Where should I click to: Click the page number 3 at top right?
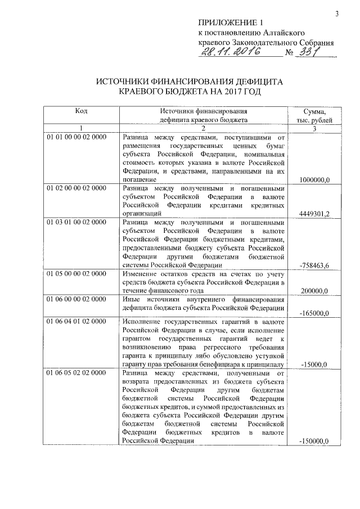point(336,13)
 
